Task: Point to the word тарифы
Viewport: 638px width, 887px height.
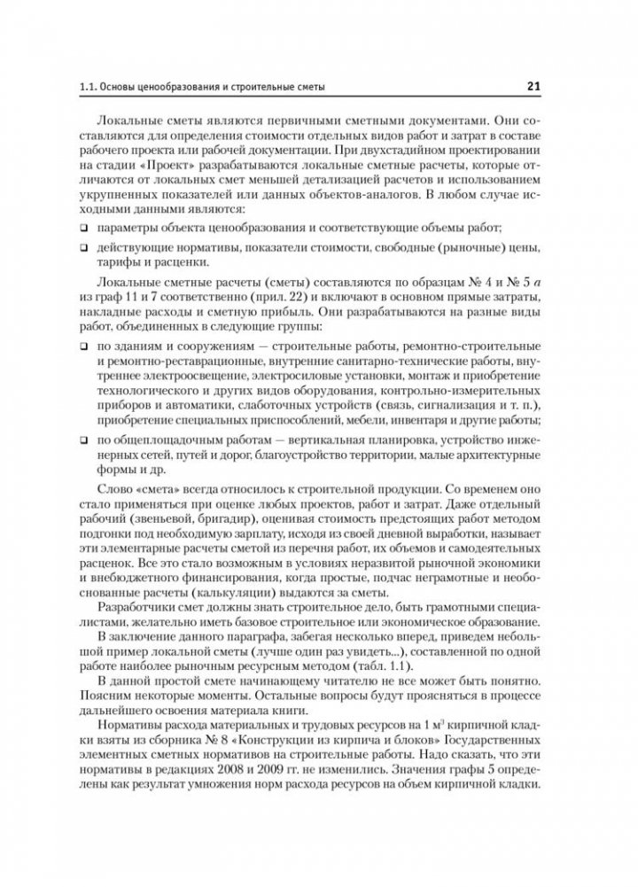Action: (117, 262)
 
